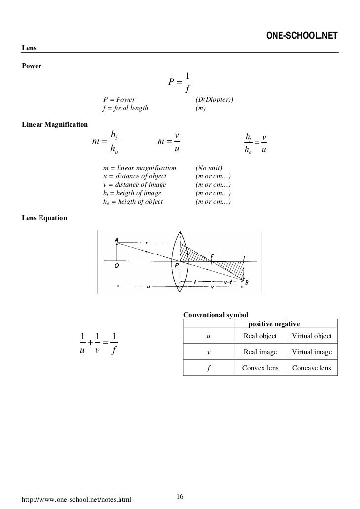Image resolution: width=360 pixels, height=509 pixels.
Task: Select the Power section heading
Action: pos(32,66)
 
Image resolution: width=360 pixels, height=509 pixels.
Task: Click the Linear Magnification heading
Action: pos(54,123)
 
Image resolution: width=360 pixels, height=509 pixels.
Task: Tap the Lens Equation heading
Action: pos(44,218)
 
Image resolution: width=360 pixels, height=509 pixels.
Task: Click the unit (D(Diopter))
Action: pos(214,100)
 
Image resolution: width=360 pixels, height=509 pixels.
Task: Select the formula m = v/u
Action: pos(168,142)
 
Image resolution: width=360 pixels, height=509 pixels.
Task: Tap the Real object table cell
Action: pos(260,337)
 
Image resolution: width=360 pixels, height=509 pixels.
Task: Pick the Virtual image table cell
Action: pos(312,352)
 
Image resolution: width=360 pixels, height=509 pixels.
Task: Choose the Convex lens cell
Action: pos(260,368)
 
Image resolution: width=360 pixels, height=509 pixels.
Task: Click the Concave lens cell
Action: pos(312,368)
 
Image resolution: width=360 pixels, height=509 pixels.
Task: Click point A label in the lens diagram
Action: pos(116,240)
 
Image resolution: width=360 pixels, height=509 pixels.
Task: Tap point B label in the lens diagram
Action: pos(247,282)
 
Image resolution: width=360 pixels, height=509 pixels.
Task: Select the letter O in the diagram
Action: pos(117,265)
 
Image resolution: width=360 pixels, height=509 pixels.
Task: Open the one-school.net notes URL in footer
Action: pos(77,501)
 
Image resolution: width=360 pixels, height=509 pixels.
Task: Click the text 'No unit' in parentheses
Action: pos(209,168)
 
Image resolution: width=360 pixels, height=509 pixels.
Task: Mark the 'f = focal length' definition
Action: pos(125,109)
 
